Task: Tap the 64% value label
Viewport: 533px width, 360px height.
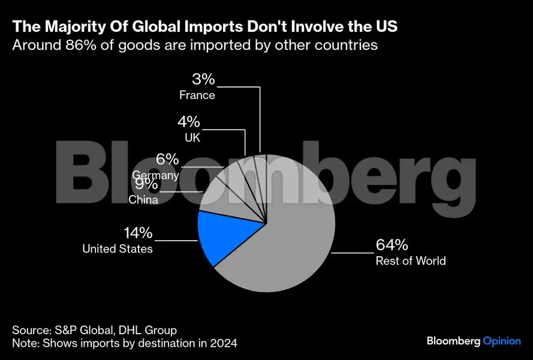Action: [392, 245]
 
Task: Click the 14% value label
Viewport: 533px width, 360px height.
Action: [138, 233]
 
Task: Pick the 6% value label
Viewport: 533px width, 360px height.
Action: [167, 160]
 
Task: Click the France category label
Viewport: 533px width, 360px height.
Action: [197, 95]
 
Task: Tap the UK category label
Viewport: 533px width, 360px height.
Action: [192, 137]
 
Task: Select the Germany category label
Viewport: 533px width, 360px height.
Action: [155, 175]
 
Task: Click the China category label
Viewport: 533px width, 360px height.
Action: [143, 200]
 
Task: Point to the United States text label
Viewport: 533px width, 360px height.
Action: [118, 248]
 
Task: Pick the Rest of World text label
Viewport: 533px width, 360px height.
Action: [411, 260]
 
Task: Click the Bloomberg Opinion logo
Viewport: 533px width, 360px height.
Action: [474, 341]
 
